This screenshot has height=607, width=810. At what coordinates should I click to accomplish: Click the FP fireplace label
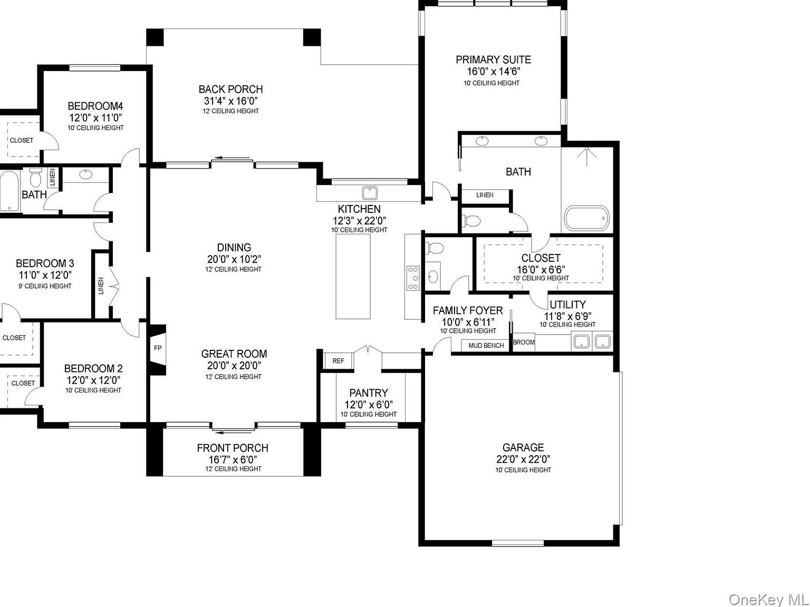[x=157, y=348]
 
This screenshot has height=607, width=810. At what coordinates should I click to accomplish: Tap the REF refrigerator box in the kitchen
[x=338, y=361]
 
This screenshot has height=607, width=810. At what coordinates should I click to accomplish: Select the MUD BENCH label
[x=486, y=346]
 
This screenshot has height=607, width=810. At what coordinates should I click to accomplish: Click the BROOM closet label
[x=524, y=342]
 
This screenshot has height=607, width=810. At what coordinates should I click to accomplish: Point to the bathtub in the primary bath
[x=586, y=218]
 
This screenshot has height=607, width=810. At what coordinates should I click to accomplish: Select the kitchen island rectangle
[x=353, y=277]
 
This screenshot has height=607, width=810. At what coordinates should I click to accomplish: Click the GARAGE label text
[x=523, y=447]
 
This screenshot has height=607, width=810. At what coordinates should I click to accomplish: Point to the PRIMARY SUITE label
[x=493, y=60]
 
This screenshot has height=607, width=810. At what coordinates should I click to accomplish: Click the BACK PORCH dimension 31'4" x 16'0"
[x=230, y=101]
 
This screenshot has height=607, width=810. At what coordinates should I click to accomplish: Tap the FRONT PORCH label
[x=233, y=448]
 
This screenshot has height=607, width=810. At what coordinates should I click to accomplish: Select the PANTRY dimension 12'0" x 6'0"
[x=368, y=405]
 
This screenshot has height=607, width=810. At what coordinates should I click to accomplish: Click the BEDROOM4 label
[x=95, y=106]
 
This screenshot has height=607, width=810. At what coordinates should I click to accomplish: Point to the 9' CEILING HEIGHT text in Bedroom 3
[x=45, y=286]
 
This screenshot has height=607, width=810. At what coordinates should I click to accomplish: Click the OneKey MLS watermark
[x=768, y=595]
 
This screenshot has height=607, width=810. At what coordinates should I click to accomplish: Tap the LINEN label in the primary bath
[x=485, y=195]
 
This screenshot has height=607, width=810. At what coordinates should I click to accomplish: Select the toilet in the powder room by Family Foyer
[x=435, y=248]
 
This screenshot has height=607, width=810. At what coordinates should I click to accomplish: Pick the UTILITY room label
[x=567, y=305]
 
